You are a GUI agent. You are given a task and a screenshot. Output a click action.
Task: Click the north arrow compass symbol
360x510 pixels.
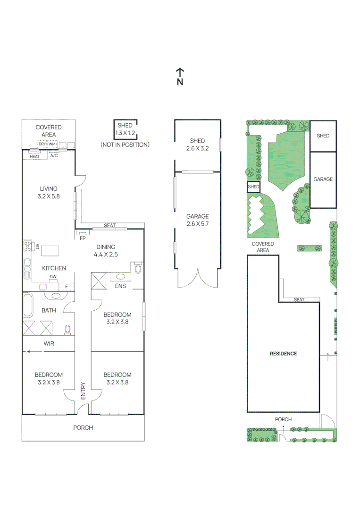click(180, 76)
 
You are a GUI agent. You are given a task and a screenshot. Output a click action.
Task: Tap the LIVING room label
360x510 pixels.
click(49, 193)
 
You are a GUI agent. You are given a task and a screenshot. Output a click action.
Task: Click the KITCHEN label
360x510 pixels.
click(54, 268)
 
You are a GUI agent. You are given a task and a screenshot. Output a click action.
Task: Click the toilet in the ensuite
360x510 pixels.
click(138, 269)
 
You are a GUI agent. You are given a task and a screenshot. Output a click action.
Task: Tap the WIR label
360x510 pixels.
click(49, 344)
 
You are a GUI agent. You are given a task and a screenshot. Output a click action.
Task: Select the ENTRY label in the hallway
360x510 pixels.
click(83, 391)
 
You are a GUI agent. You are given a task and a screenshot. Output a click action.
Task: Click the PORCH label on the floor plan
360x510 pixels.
click(83, 428)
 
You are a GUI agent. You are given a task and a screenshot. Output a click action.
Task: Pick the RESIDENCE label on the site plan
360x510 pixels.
click(283, 354)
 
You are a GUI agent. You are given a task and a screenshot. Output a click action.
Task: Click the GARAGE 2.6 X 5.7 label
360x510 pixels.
click(197, 220)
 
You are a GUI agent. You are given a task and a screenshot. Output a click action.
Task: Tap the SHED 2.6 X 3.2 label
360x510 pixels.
click(197, 144)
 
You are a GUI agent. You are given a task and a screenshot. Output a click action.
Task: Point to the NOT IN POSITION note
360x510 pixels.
click(125, 144)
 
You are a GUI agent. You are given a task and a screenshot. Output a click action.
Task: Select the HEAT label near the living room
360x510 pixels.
click(34, 156)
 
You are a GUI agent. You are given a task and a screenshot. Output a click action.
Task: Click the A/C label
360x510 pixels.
click(54, 156)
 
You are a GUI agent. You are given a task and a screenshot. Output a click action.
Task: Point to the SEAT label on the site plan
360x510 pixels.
click(299, 300)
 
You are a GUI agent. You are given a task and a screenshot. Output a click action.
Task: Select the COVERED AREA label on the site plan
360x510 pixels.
click(263, 247)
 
